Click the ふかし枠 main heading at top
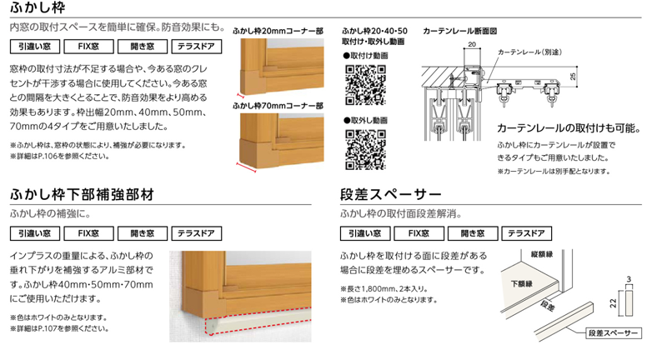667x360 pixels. (x=38, y=8)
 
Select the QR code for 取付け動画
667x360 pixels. (x=365, y=84)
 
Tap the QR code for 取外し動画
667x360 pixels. (x=365, y=150)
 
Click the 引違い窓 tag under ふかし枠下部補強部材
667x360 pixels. (x=35, y=233)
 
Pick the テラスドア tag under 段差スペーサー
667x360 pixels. (x=526, y=233)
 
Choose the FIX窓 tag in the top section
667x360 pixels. (x=88, y=47)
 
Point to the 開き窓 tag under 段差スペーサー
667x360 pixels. (x=472, y=233)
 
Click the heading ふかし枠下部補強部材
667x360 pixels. (x=82, y=195)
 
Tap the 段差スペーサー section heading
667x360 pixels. (x=390, y=195)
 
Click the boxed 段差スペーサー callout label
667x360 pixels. (x=613, y=332)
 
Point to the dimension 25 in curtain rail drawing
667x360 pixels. (x=573, y=77)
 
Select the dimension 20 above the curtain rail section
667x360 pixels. (x=472, y=44)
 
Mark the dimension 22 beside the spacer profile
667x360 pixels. (x=613, y=303)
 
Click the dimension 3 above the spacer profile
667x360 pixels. (x=629, y=279)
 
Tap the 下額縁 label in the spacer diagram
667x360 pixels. (x=522, y=283)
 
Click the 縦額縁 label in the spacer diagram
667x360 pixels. (x=542, y=254)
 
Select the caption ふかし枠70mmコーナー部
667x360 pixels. (x=278, y=106)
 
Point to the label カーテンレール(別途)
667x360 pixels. (x=529, y=52)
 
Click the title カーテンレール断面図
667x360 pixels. (x=460, y=31)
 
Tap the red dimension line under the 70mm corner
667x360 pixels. (x=246, y=167)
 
